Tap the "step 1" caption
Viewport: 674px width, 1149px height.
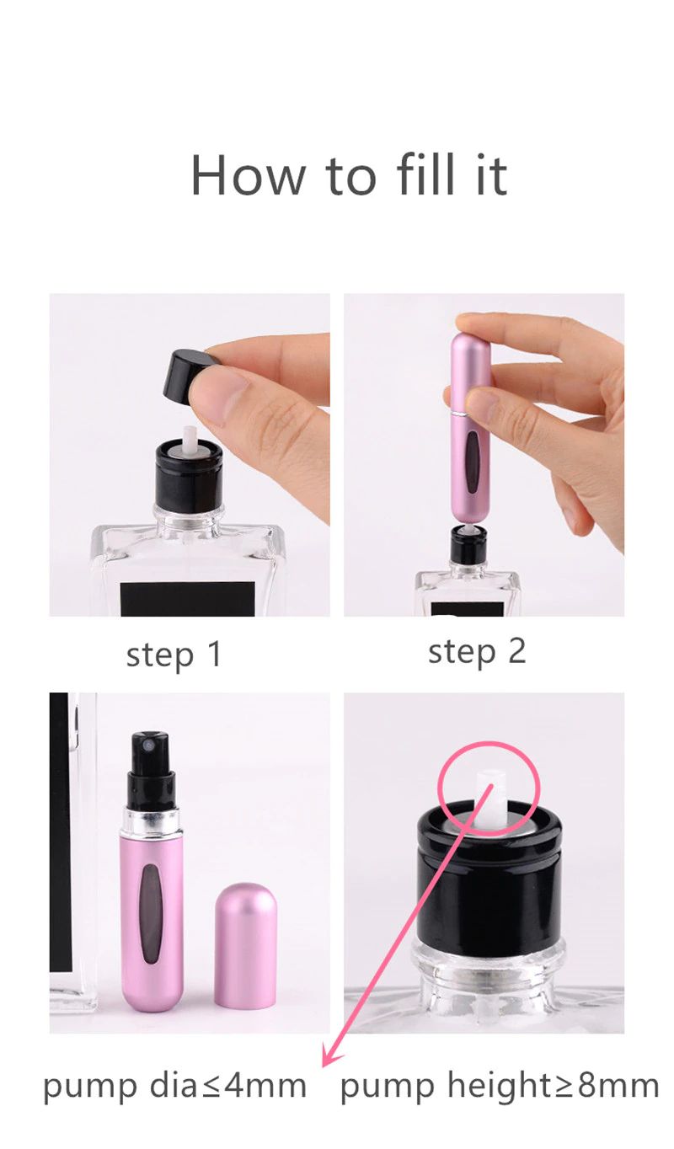point(174,655)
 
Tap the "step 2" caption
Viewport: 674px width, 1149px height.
point(477,651)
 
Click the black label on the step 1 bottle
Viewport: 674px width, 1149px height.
point(187,599)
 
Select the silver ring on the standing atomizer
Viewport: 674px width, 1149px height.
point(152,823)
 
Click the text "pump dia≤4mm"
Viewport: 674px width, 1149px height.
point(174,1086)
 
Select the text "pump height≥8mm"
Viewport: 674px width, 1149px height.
point(500,1086)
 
